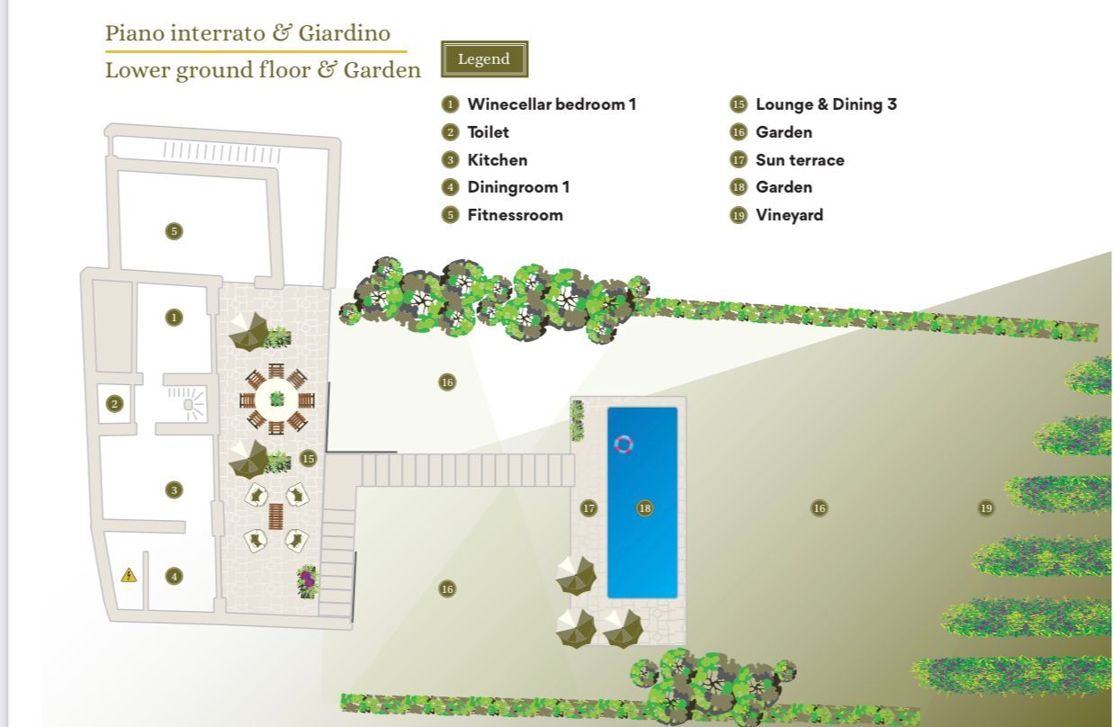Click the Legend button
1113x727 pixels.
pos(484,59)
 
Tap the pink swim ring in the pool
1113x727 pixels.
pos(624,444)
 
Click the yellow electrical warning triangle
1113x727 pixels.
pos(130,576)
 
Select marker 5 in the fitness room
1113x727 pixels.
pos(174,231)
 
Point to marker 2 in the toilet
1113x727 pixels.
pos(115,403)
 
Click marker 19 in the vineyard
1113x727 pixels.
pos(986,508)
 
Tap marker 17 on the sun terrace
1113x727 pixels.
pos(588,508)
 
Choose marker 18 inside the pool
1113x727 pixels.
pos(645,508)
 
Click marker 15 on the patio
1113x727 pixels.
pos(309,458)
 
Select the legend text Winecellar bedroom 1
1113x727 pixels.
pos(552,104)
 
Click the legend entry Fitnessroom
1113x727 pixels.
pos(516,215)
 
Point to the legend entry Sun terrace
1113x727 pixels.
pos(800,160)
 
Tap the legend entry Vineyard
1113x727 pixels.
pos(789,215)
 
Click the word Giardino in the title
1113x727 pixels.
pos(345,33)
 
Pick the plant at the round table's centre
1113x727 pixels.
pos(277,399)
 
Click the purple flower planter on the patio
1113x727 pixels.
pos(308,581)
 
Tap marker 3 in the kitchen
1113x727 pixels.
pos(174,490)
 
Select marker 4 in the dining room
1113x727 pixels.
pos(174,577)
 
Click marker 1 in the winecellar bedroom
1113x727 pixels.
pos(174,317)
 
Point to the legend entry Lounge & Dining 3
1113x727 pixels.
pos(826,104)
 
